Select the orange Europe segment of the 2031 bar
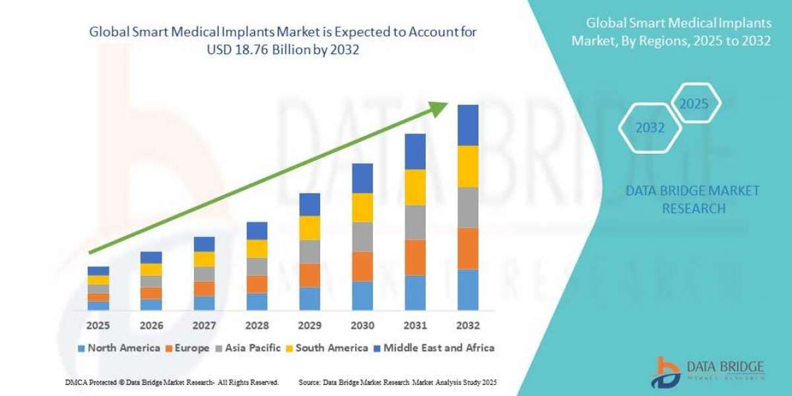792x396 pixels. pyautogui.click(x=415, y=257)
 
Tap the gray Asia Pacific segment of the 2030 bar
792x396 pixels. pyautogui.click(x=362, y=237)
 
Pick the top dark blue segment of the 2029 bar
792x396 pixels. pyautogui.click(x=310, y=205)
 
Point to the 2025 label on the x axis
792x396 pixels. pyautogui.click(x=98, y=325)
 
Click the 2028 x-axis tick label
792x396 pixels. pyautogui.click(x=257, y=325)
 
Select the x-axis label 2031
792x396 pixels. pyautogui.click(x=415, y=325)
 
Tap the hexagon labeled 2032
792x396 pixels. pyautogui.click(x=650, y=128)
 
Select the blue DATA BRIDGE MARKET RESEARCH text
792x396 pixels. pyautogui.click(x=692, y=199)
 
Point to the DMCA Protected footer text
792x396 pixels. pyautogui.click(x=172, y=382)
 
